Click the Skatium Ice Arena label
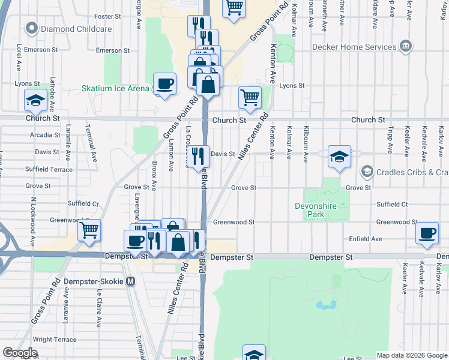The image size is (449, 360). pyautogui.click(x=115, y=88)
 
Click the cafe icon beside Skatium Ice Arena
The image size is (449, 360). pyautogui.click(x=164, y=84)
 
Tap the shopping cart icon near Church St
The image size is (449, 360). pyautogui.click(x=250, y=97)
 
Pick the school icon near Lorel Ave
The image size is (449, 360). pyautogui.click(x=36, y=100)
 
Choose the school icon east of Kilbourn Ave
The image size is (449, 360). pyautogui.click(x=339, y=157)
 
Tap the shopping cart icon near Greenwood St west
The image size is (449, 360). pyautogui.click(x=89, y=230)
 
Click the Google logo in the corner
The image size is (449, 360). pyautogui.click(x=20, y=353)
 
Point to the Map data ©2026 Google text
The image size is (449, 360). pyautogui.click(x=412, y=355)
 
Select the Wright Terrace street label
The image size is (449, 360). pyautogui.click(x=55, y=340)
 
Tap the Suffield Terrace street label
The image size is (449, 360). pyautogui.click(x=49, y=170)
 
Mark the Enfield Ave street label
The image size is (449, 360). pyautogui.click(x=366, y=239)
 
